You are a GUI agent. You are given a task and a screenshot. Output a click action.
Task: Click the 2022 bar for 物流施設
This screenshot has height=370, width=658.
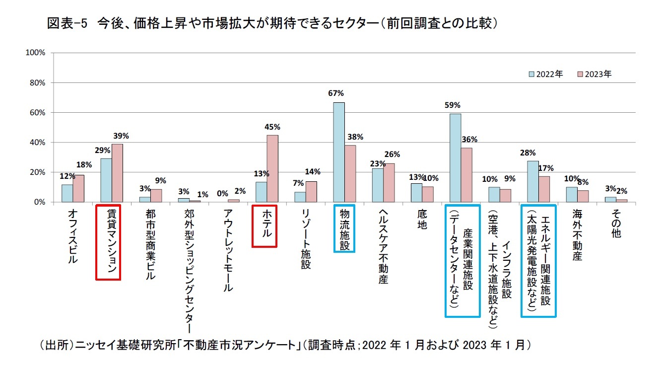(339, 152)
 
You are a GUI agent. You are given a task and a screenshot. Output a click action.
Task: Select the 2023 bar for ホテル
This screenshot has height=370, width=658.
(272, 168)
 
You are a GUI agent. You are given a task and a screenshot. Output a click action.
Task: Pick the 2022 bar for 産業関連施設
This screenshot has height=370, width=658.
(455, 158)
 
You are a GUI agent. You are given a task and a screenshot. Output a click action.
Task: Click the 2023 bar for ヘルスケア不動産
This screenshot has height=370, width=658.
(389, 182)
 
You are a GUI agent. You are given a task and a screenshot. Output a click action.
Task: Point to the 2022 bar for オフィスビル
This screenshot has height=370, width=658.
(67, 193)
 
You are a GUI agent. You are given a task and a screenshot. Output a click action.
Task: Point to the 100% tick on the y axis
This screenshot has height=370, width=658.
(36, 53)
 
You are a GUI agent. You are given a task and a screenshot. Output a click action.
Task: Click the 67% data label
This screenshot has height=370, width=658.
(336, 93)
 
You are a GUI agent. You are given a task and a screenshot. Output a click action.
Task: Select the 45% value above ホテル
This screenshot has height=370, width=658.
(272, 127)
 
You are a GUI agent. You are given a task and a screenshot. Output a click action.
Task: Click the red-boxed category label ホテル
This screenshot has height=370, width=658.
(264, 226)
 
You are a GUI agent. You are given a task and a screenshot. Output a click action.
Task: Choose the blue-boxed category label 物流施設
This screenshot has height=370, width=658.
(344, 229)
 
